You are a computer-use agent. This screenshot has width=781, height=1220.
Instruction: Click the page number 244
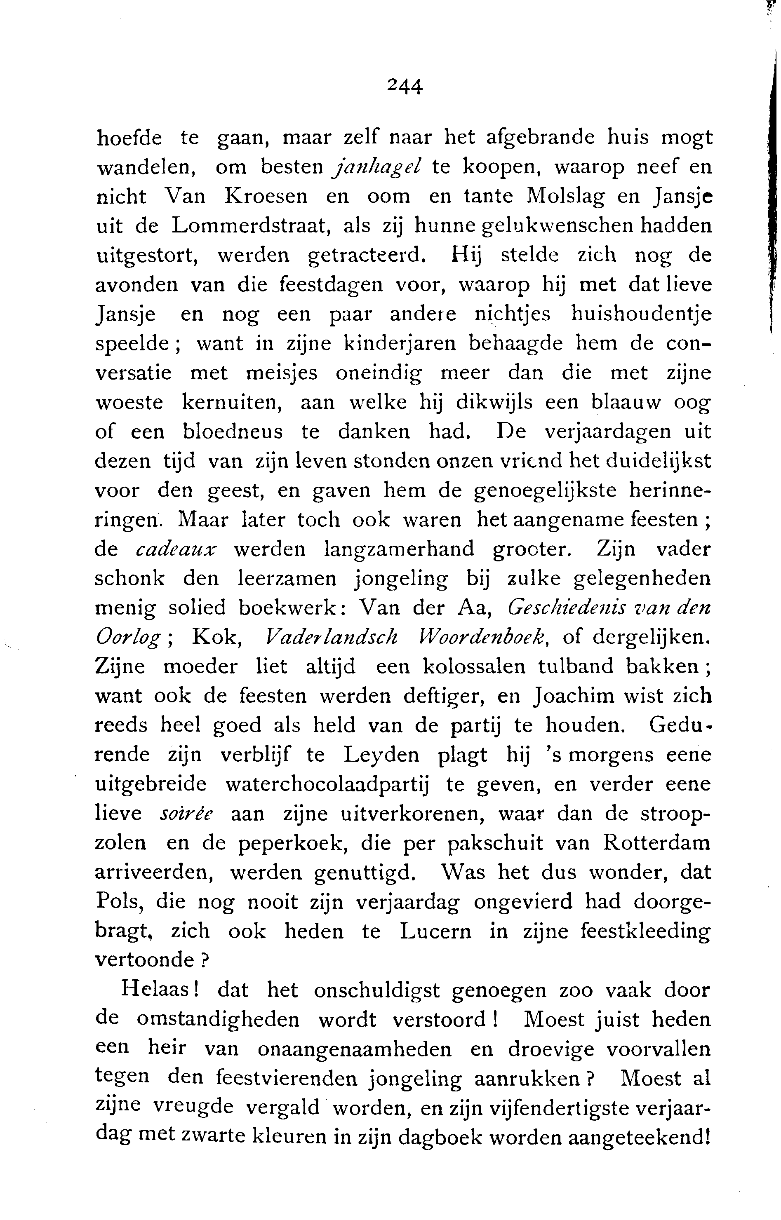pos(404,86)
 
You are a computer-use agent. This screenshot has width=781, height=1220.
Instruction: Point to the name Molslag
pos(562,197)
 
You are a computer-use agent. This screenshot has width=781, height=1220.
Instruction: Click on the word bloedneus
pos(233,432)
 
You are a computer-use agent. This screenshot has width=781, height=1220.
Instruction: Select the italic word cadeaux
pos(176,549)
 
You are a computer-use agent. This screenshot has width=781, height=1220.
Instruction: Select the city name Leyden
pos(381,755)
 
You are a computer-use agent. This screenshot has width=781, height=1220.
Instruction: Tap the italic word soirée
pos(186,814)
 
